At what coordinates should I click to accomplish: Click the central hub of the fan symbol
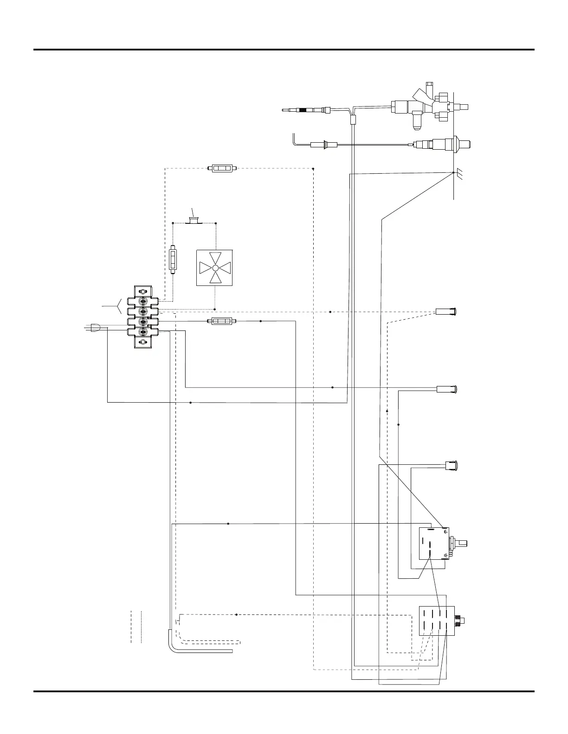(x=215, y=268)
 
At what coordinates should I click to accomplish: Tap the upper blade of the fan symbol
(x=215, y=258)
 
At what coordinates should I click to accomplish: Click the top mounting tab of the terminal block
(x=143, y=292)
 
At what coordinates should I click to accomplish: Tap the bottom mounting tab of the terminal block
(x=143, y=342)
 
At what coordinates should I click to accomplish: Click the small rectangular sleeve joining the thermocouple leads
(x=352, y=120)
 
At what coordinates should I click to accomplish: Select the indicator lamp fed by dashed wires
(x=447, y=311)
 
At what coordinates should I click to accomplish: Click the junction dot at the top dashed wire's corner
(x=313, y=168)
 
